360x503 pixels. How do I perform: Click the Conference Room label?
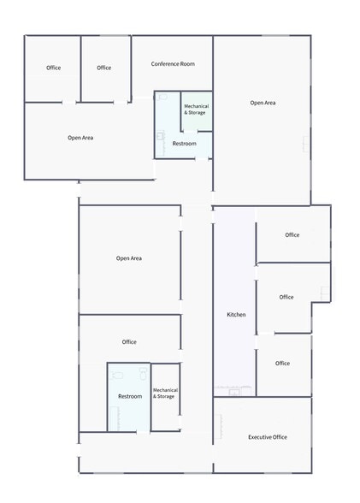coord(173,64)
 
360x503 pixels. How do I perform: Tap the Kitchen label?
coord(236,315)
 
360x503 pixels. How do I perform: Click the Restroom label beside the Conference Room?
coord(184,144)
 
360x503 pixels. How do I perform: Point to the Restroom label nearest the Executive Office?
coord(129,396)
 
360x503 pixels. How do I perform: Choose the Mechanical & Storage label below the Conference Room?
coord(196,109)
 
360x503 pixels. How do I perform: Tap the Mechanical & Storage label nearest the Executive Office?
coord(165,394)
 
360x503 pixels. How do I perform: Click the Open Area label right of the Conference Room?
coord(263,103)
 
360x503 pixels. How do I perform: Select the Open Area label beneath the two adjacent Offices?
coord(80,138)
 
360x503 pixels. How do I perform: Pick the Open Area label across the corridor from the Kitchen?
coord(129,258)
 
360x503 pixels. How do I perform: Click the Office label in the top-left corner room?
coord(54,68)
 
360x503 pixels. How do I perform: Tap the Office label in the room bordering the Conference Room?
coord(104,68)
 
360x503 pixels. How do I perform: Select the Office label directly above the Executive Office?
coord(282,363)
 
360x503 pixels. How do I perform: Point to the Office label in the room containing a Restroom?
coord(129,342)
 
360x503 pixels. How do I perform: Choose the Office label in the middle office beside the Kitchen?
coord(286,297)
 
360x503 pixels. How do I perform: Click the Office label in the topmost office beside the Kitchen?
coord(292,234)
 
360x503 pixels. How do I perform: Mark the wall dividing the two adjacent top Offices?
coord(80,68)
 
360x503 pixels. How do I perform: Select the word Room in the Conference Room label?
coord(186,64)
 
